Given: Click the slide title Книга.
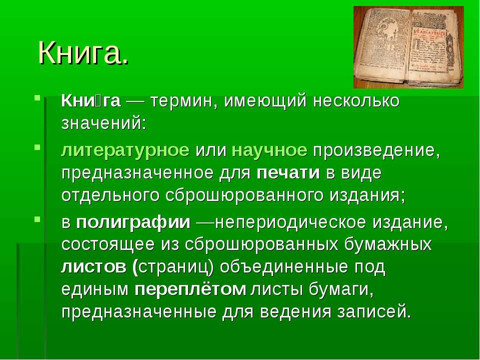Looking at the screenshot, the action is pyautogui.click(x=83, y=52).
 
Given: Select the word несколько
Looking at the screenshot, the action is pyautogui.click(x=356, y=101).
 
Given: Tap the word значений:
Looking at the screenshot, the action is pyautogui.click(x=104, y=123).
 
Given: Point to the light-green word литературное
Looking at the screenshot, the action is pyautogui.click(x=125, y=151).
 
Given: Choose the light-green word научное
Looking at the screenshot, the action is pyautogui.click(x=269, y=150).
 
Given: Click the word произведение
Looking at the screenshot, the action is pyautogui.click(x=376, y=151).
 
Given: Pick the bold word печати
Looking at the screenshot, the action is pyautogui.click(x=288, y=173).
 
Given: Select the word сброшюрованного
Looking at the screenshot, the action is pyautogui.click(x=244, y=196).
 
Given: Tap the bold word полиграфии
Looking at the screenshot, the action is pyautogui.click(x=133, y=222).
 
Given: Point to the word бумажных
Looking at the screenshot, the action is pyautogui.click(x=388, y=245).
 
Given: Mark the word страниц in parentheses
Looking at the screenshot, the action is pyautogui.click(x=173, y=267).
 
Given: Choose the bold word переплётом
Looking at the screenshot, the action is pyautogui.click(x=190, y=289).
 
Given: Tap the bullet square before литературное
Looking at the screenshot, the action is pyautogui.click(x=37, y=147).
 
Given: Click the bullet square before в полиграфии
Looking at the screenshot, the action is pyautogui.click(x=37, y=219).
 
